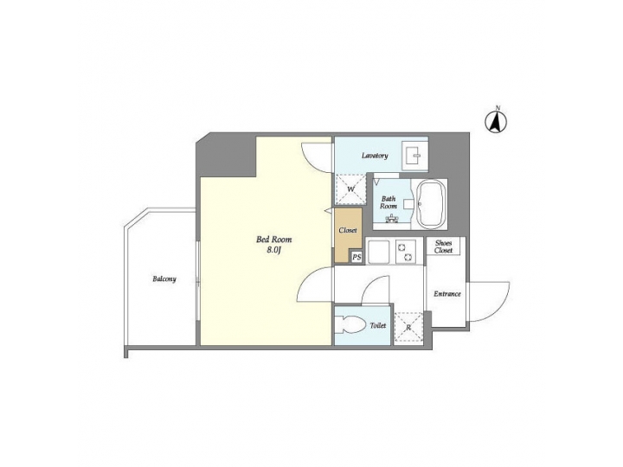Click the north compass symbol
[x=496, y=121]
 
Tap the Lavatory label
[x=375, y=156]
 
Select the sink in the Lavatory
[x=414, y=156]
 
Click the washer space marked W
[x=350, y=189]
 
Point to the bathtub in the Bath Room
[x=430, y=204]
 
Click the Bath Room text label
[x=389, y=202]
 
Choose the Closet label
[x=348, y=230]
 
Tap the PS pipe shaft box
[x=356, y=258]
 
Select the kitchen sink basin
[x=379, y=253]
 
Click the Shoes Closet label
[x=443, y=246]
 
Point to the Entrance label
[x=447, y=294]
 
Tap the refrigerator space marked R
[x=408, y=327]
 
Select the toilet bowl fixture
[x=350, y=325]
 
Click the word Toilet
[x=378, y=326]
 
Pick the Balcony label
[x=164, y=279]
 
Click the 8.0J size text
[x=273, y=250]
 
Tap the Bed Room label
[x=273, y=240]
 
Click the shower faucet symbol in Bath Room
[x=392, y=219]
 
